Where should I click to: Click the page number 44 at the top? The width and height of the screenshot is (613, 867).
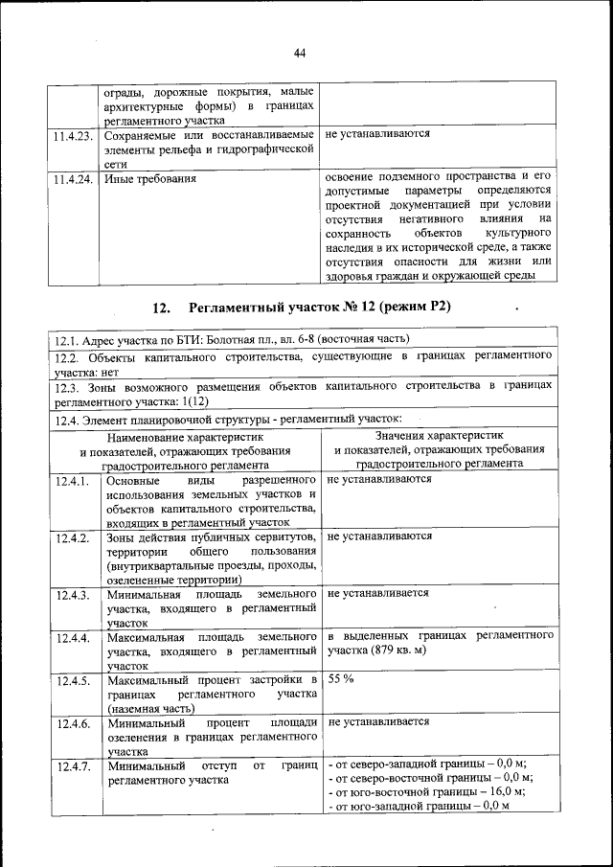point(300,52)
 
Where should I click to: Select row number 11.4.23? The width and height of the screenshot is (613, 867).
point(73,135)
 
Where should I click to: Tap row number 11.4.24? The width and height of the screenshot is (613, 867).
point(73,178)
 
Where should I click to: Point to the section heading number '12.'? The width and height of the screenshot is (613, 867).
point(160,308)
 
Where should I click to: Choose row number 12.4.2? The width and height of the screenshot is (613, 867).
point(73,537)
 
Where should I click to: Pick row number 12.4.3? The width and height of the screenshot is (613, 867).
point(73,595)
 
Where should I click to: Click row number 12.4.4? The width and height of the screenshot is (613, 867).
point(73,637)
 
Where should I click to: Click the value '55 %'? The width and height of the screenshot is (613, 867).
point(341,678)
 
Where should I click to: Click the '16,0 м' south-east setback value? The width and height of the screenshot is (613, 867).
point(501,792)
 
